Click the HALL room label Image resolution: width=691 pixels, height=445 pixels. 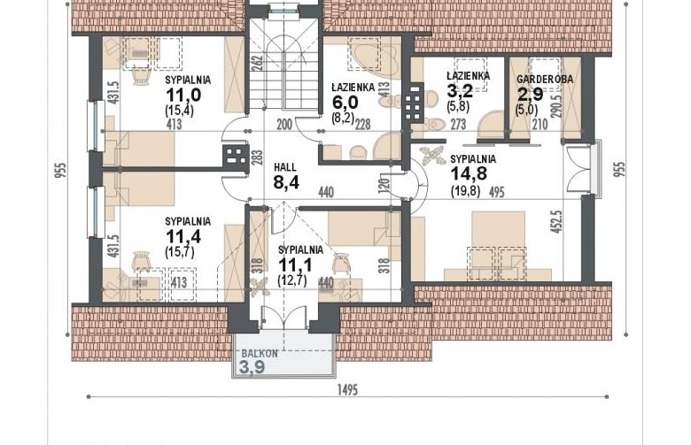pyautogui.click(x=284, y=167)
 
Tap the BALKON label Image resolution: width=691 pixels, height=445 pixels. pyautogui.click(x=260, y=354)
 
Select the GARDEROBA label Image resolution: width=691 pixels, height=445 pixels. pyautogui.click(x=545, y=80)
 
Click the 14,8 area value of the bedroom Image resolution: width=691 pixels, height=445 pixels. pyautogui.click(x=469, y=173)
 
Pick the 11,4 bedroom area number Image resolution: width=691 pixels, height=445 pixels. pyautogui.click(x=183, y=237)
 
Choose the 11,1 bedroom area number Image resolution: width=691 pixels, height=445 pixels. pyautogui.click(x=295, y=265)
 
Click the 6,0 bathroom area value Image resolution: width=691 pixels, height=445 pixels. pyautogui.click(x=345, y=103)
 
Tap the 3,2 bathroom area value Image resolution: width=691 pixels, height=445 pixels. pyautogui.click(x=460, y=91)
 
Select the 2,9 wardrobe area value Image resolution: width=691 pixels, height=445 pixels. pyautogui.click(x=530, y=95)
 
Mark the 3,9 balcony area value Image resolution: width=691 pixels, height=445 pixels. pyautogui.click(x=252, y=366)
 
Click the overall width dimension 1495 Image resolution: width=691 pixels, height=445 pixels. pyautogui.click(x=347, y=389)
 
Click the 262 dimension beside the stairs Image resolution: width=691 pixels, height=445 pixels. pyautogui.click(x=259, y=63)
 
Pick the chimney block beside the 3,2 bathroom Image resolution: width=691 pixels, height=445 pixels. pyautogui.click(x=413, y=103)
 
